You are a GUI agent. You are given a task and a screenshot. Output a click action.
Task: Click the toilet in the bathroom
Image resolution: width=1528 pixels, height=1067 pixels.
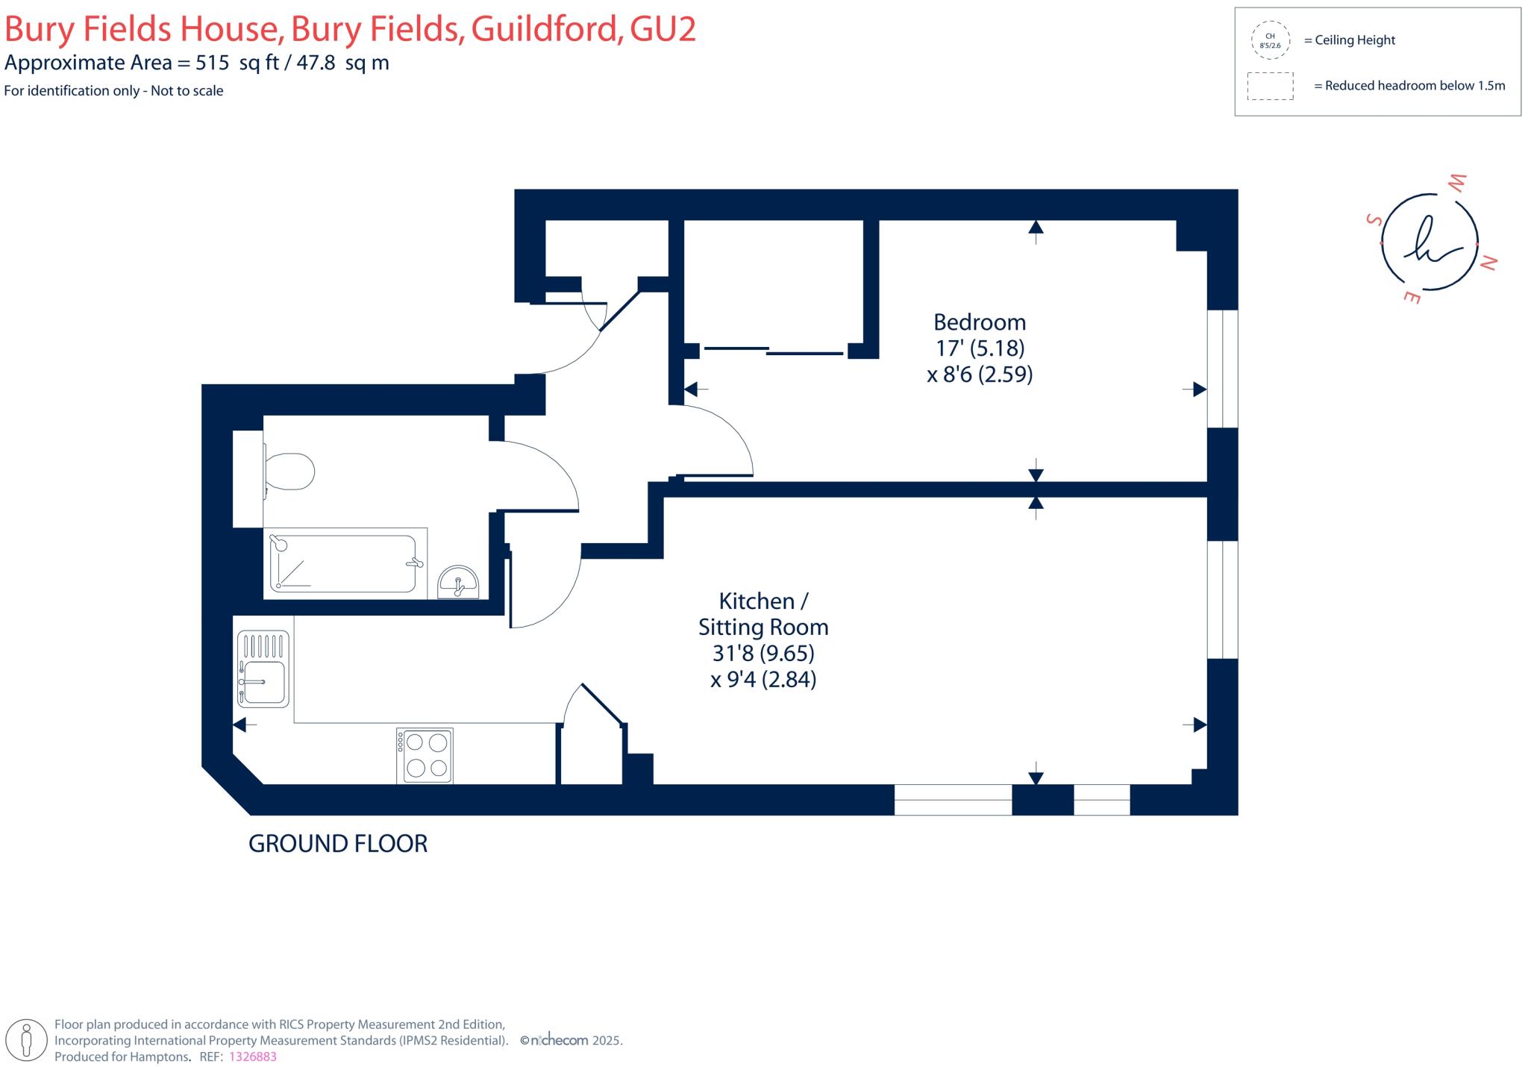tap(290, 472)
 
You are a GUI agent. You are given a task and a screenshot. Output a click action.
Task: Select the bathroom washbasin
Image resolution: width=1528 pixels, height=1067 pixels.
tap(458, 582)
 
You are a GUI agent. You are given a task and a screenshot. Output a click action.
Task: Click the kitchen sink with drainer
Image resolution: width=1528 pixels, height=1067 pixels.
tap(263, 669)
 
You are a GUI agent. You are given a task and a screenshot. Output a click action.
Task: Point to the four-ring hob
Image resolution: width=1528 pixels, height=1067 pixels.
tap(425, 755)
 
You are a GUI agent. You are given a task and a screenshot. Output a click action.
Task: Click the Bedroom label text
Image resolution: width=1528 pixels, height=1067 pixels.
tap(979, 322)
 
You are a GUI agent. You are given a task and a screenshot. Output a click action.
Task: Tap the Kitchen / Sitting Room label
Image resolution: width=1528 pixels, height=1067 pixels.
tap(763, 614)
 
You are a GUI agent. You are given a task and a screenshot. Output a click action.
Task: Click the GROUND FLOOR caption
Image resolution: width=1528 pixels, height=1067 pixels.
tap(337, 844)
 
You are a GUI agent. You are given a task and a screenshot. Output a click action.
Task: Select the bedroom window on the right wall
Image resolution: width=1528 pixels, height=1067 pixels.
tap(1222, 369)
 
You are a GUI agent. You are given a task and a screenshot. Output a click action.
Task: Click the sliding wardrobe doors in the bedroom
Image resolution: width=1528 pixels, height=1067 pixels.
tap(772, 351)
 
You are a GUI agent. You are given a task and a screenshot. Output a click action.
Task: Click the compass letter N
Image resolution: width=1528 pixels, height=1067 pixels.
tap(1488, 263)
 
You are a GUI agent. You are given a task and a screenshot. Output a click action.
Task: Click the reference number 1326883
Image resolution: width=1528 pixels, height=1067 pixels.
tap(252, 1057)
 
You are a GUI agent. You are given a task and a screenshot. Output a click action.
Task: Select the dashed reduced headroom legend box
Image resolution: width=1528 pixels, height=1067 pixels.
tap(1270, 86)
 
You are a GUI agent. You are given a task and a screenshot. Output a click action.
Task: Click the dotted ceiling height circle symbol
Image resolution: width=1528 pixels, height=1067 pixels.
tap(1270, 40)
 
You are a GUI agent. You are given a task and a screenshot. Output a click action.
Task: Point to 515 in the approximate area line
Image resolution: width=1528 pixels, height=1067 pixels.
tap(212, 63)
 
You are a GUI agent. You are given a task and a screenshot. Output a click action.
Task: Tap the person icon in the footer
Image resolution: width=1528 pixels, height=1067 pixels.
tap(27, 1039)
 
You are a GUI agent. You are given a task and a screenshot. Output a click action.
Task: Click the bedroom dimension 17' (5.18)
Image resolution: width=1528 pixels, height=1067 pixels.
tap(980, 348)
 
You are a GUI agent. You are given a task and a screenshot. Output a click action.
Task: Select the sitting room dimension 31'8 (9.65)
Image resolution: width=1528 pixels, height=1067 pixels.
tap(763, 654)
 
